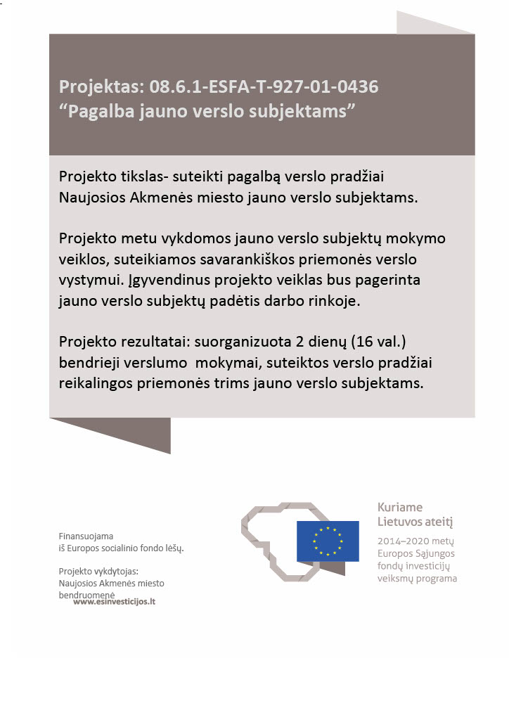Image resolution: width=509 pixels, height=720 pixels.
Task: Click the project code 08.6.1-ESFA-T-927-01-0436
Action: click(263, 86)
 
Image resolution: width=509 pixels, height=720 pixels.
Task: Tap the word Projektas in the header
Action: click(101, 87)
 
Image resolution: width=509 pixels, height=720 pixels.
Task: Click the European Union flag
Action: click(328, 541)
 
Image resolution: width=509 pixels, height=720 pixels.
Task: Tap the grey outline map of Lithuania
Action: click(267, 541)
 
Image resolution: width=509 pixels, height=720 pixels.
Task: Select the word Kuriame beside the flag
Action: click(400, 507)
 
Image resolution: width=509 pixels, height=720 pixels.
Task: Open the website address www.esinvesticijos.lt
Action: click(114, 602)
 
